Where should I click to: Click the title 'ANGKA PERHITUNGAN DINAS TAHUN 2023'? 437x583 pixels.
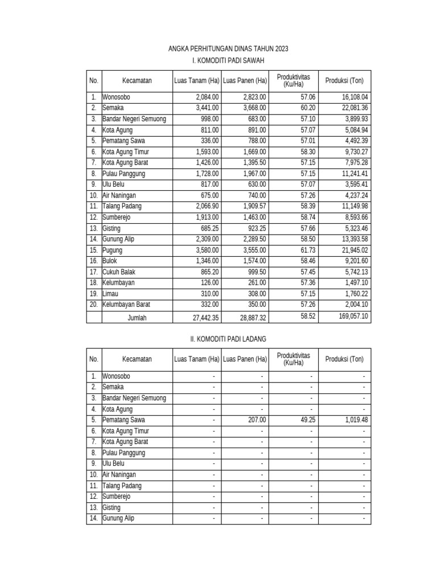pos(228,49)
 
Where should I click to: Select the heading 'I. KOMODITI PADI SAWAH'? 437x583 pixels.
pos(228,60)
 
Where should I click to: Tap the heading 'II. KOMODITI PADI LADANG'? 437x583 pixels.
pos(228,339)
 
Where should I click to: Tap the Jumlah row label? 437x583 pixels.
pos(137,318)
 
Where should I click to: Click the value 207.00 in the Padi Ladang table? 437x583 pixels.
pos(256,420)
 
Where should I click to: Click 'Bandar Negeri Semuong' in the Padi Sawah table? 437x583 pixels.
pos(134,119)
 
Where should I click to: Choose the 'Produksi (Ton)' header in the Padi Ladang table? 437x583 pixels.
pos(344,359)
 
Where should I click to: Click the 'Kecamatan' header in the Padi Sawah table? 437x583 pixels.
pos(137,81)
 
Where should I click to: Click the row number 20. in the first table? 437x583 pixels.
pos(93,305)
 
